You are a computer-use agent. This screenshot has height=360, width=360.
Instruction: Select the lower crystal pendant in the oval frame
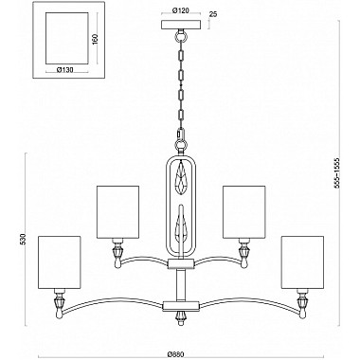[179, 226]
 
